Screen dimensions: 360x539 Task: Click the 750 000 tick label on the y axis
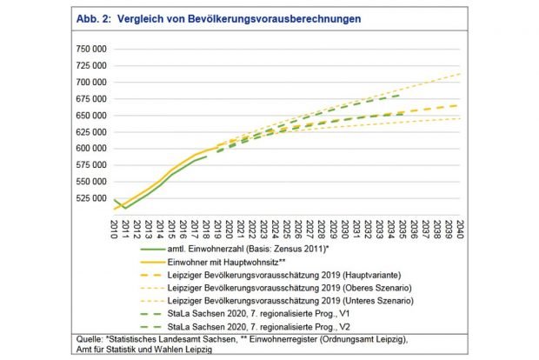coord(88,49)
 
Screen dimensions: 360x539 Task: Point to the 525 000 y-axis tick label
coord(88,198)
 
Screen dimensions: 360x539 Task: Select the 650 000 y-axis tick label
coord(88,115)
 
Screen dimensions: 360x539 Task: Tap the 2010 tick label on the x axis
coord(114,230)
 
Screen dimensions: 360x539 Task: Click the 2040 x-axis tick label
coord(459,230)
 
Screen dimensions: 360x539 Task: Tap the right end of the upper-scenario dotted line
coord(459,74)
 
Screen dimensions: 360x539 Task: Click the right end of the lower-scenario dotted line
coord(459,118)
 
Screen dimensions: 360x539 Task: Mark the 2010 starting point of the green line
coord(114,199)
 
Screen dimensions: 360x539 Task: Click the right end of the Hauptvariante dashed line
coord(459,105)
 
